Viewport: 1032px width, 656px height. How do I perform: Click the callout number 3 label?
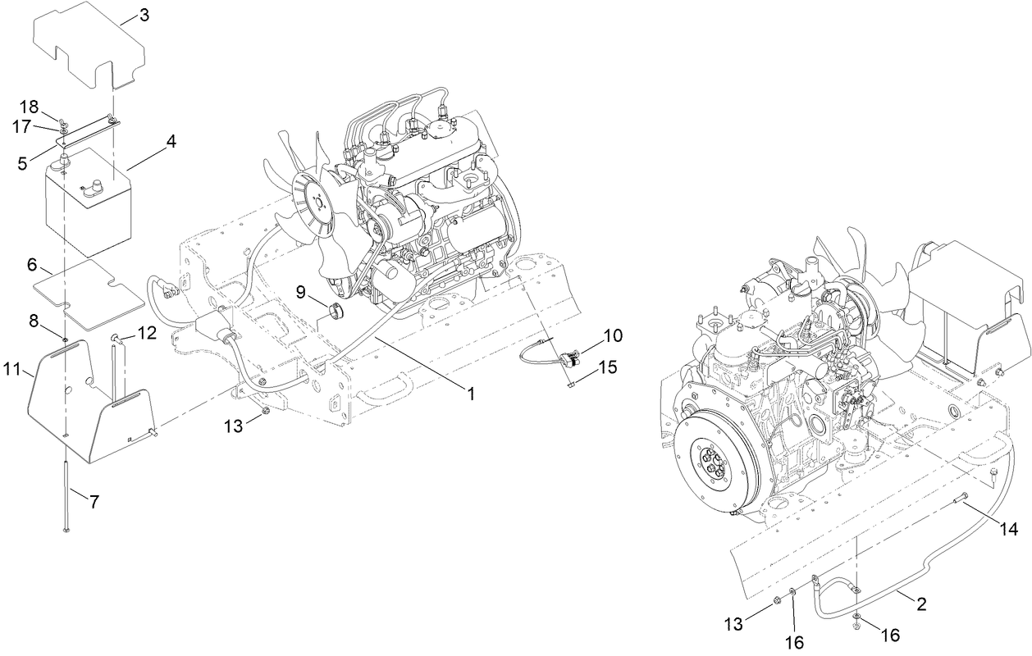coord(144,15)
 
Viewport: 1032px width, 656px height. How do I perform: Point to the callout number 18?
coord(29,107)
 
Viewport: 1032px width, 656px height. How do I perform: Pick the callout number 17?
coord(22,126)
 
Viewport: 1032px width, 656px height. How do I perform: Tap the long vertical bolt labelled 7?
coord(65,492)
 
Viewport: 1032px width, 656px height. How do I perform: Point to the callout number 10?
coord(613,335)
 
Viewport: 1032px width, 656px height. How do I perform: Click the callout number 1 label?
coord(471,394)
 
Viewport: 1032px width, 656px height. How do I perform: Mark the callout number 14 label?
coord(1009,530)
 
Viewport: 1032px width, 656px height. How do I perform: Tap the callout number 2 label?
coord(921,605)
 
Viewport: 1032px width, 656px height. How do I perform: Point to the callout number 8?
coord(34,321)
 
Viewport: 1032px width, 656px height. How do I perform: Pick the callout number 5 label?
coord(23,163)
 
